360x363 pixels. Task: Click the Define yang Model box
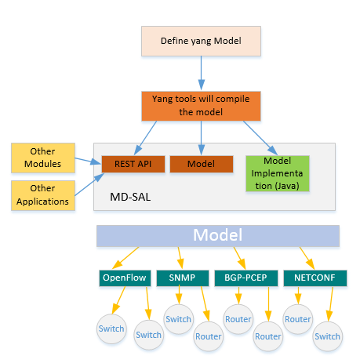pos(201,41)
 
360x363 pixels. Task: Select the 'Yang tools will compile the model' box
pos(201,106)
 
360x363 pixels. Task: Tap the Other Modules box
pos(43,158)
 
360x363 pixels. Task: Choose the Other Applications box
pos(43,195)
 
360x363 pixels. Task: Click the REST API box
pos(133,164)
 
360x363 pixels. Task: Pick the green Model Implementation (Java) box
pos(278,173)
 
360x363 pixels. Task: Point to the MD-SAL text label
pos(130,197)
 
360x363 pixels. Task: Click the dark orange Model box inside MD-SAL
pos(202,164)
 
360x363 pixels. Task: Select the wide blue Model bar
pos(218,236)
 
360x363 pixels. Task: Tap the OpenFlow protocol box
pos(125,278)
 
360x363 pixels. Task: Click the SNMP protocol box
pos(183,278)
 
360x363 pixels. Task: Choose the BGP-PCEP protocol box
pos(246,278)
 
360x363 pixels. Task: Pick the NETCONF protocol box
pos(315,278)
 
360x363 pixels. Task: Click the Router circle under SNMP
pos(209,336)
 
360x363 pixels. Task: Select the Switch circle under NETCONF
pos(328,336)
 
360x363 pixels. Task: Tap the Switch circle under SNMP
pos(179,319)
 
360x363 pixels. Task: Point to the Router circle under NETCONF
pos(298,319)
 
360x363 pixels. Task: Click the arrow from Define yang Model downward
pos(202,73)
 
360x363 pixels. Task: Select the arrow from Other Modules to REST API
pos(88,161)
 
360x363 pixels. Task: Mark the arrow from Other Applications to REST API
pos(89,184)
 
